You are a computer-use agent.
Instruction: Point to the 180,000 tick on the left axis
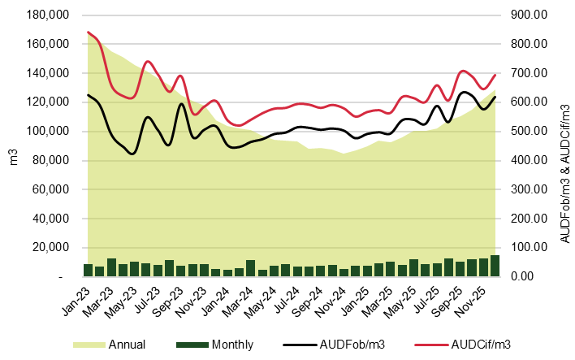pyautogui.click(x=50, y=15)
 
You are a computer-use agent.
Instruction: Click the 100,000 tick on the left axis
pyautogui.click(x=50, y=131)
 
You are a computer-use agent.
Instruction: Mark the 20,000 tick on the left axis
pyautogui.click(x=53, y=248)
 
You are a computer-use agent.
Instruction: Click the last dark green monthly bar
pyautogui.click(x=495, y=266)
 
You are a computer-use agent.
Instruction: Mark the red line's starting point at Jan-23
pyautogui.click(x=88, y=33)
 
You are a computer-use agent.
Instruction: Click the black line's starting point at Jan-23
pyautogui.click(x=88, y=95)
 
